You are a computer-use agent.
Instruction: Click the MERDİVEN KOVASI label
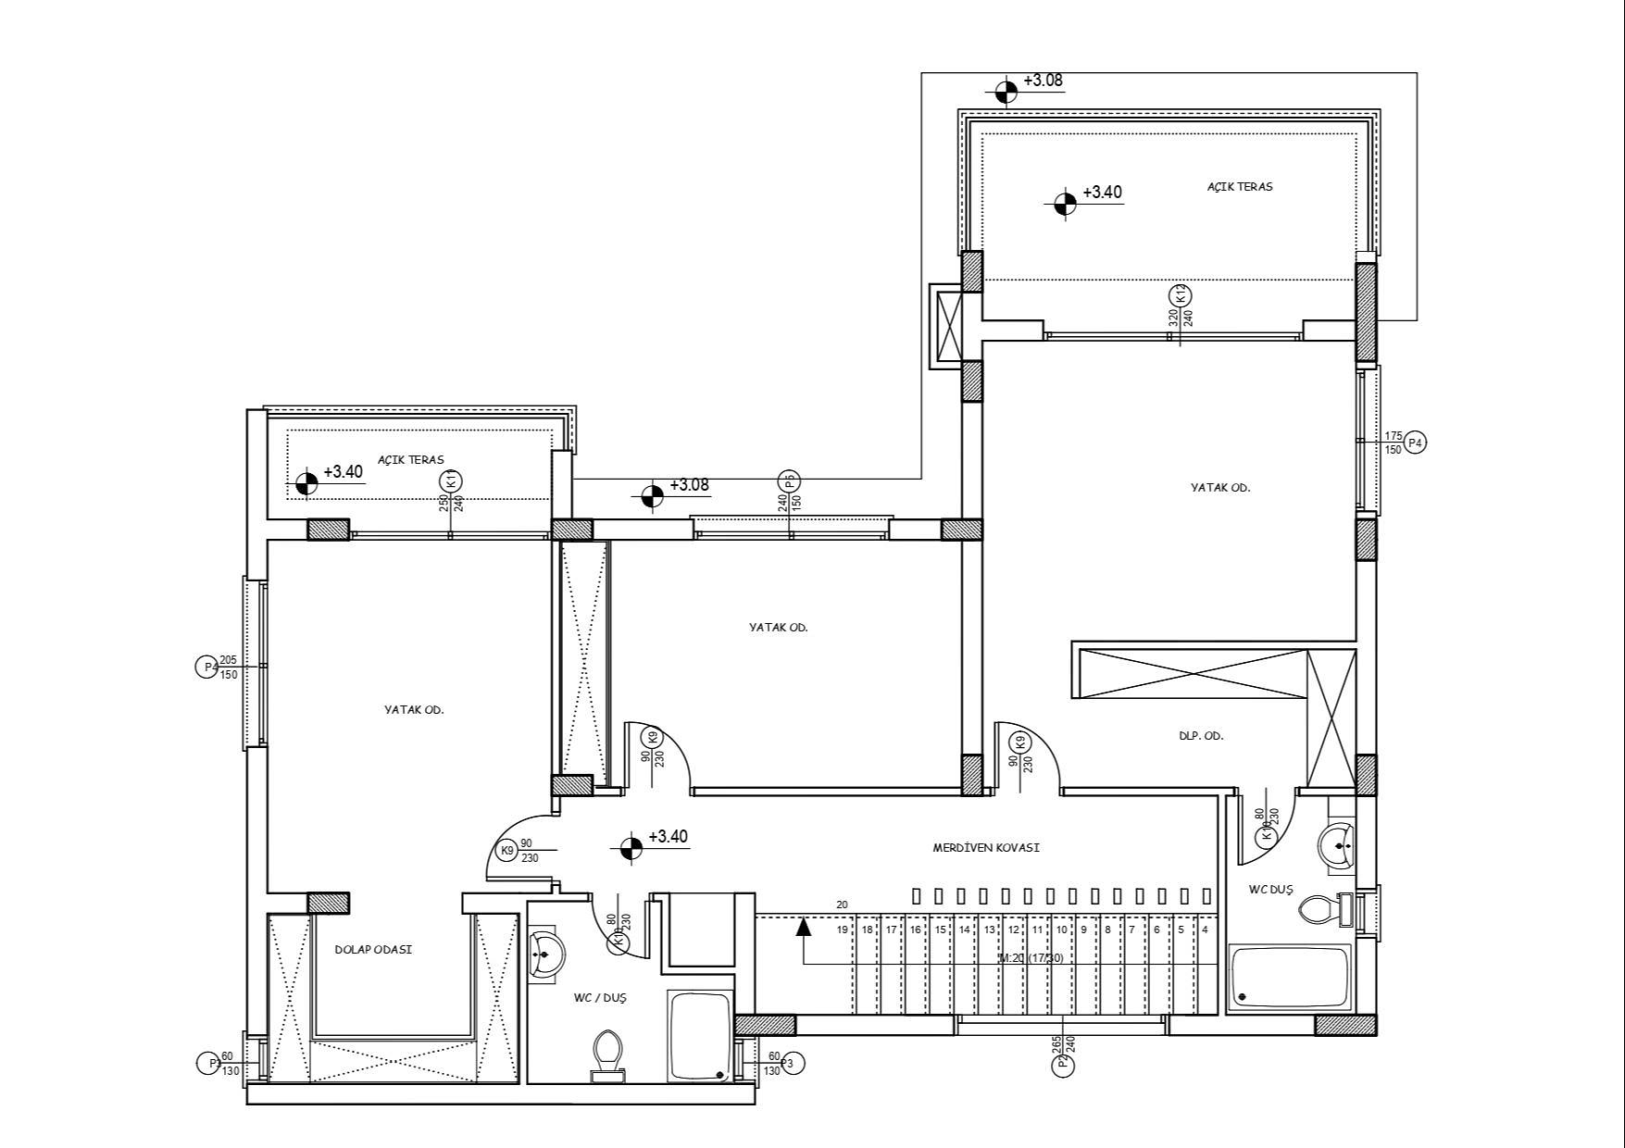click(986, 847)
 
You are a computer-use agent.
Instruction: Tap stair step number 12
click(1013, 930)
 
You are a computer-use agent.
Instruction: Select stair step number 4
click(1205, 930)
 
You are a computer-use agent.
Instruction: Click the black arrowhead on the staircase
click(804, 924)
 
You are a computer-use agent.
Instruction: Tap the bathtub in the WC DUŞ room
click(1290, 978)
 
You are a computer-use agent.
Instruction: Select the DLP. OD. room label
click(1201, 736)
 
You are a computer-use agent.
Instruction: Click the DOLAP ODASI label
click(373, 950)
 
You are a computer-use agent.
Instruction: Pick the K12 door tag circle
click(1181, 295)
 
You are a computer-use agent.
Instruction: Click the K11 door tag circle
click(451, 481)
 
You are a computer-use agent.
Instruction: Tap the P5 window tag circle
click(790, 481)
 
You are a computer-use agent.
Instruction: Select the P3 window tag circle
click(793, 1064)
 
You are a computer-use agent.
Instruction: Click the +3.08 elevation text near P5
click(689, 485)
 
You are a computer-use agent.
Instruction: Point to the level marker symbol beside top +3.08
click(1006, 91)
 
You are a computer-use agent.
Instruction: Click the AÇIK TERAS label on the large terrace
click(1239, 187)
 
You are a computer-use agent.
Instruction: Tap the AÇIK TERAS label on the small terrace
click(410, 460)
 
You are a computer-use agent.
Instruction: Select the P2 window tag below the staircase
click(1063, 1065)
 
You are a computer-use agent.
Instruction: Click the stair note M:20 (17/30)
click(1031, 958)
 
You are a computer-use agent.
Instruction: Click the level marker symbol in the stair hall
click(631, 847)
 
